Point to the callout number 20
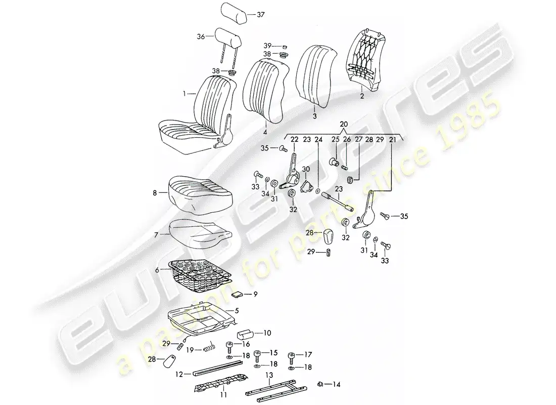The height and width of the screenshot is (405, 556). (x=344, y=124)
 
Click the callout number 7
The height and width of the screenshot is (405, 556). (x=157, y=234)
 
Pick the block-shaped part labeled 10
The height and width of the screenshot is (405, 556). (x=248, y=335)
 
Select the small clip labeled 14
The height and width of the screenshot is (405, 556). (x=320, y=384)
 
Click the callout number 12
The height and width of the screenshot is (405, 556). (x=179, y=375)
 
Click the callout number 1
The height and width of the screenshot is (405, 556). (x=184, y=94)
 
